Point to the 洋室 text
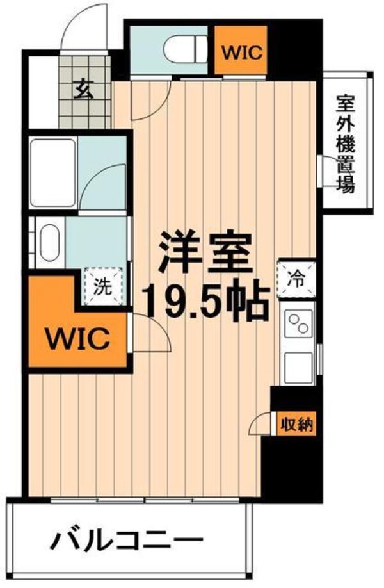[x=204, y=253]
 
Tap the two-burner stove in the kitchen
[x=299, y=323]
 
